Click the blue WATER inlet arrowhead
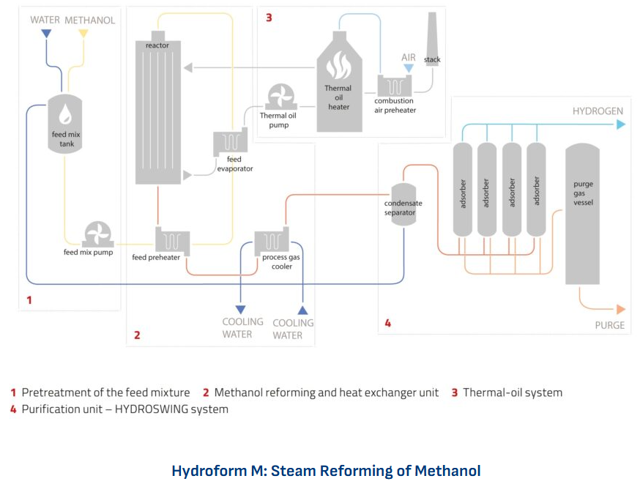46,34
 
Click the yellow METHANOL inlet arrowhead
83,34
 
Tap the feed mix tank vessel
66,124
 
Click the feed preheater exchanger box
172,239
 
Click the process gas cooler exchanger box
272,239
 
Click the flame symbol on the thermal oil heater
338,67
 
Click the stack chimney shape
433,38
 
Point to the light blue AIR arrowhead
409,68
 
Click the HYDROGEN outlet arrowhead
621,124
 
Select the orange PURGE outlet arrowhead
620,310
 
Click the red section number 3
269,17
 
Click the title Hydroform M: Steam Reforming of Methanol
326,470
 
